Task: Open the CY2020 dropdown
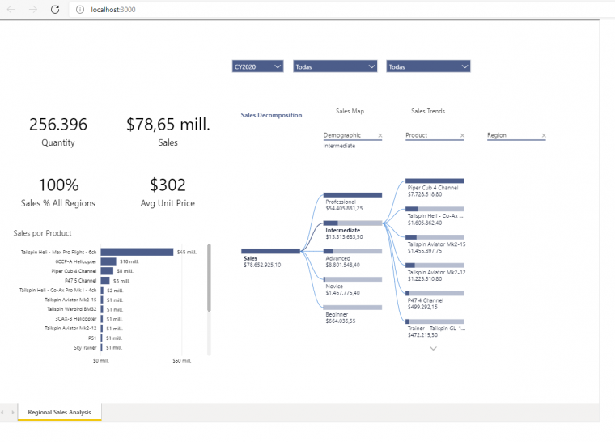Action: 257,66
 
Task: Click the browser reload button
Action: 54,9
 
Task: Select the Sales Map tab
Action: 350,111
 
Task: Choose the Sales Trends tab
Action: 427,111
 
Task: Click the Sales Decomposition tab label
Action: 271,115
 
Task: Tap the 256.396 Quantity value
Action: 58,124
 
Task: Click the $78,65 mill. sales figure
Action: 168,124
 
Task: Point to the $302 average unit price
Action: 168,185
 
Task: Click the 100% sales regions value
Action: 58,185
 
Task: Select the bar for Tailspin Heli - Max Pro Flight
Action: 137,252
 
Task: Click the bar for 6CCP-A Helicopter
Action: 108,261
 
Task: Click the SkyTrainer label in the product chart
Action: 85,347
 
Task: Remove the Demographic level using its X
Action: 380,135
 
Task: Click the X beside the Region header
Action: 544,135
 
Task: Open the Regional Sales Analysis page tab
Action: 60,412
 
